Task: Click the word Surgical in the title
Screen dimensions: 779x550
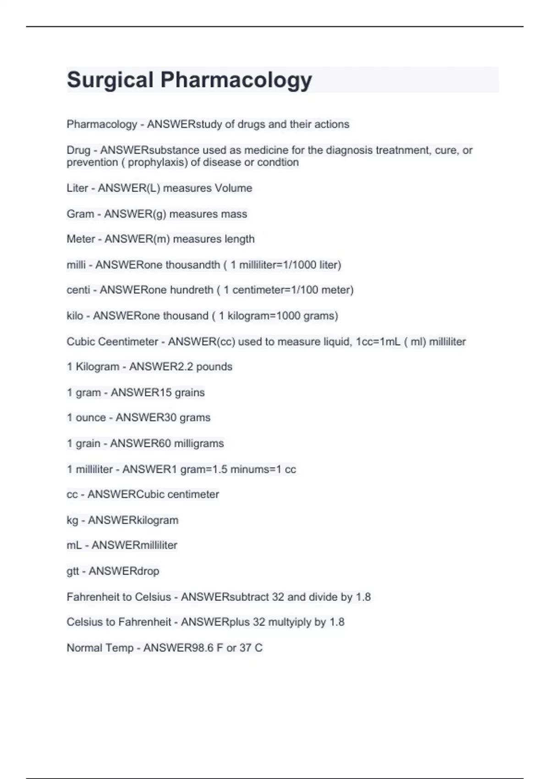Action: point(110,80)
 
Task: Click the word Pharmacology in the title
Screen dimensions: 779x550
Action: point(236,80)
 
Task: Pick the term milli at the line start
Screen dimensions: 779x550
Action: point(76,265)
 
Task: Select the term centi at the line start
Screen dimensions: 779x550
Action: point(78,290)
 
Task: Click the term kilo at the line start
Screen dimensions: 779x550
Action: point(75,316)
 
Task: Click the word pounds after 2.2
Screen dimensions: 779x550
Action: point(214,367)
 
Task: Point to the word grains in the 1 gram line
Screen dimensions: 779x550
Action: point(190,392)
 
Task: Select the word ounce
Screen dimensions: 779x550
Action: point(91,417)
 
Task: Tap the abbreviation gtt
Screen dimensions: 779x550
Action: point(73,571)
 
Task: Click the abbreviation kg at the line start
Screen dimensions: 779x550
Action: point(72,521)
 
